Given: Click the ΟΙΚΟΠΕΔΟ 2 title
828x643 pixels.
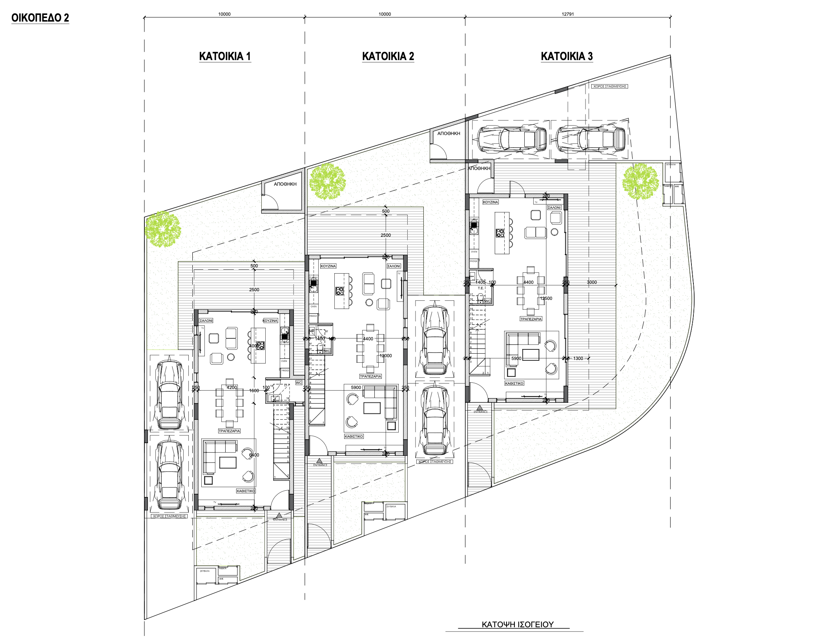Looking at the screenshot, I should [x=40, y=18].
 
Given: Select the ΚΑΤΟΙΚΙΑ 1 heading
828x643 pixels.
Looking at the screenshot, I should [x=225, y=56].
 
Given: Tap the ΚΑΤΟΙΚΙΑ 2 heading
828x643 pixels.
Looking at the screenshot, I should [x=388, y=56].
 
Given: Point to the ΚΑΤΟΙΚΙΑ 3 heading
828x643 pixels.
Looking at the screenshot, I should [x=567, y=56].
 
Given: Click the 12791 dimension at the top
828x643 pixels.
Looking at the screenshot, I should [x=567, y=14].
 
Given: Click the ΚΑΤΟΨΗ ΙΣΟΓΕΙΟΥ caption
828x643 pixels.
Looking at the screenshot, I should [x=517, y=625].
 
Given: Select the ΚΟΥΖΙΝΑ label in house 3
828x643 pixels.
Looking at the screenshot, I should [x=490, y=202].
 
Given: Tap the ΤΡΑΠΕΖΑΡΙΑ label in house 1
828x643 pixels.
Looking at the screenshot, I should [x=229, y=431].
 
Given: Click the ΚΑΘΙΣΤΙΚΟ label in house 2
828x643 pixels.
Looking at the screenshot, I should [x=354, y=437].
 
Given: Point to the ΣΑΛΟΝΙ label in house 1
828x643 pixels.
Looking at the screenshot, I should [x=206, y=321].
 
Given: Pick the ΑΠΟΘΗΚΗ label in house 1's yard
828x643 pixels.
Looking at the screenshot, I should [x=285, y=184].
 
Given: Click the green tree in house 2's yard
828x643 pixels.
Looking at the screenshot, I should [x=327, y=182].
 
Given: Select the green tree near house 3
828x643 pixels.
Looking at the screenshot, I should [x=640, y=181].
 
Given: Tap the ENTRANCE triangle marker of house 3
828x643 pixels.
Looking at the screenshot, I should [x=480, y=408].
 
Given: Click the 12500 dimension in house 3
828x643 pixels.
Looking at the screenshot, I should [x=546, y=298].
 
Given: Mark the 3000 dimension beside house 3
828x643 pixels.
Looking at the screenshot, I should [x=591, y=282].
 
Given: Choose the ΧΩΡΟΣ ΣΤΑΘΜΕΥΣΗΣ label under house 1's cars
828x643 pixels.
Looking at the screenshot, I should [x=170, y=516].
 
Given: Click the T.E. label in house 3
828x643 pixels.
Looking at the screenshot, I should [x=481, y=288].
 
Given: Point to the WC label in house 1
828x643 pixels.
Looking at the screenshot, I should [x=299, y=383].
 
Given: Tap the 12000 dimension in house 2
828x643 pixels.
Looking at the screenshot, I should [x=385, y=356].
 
